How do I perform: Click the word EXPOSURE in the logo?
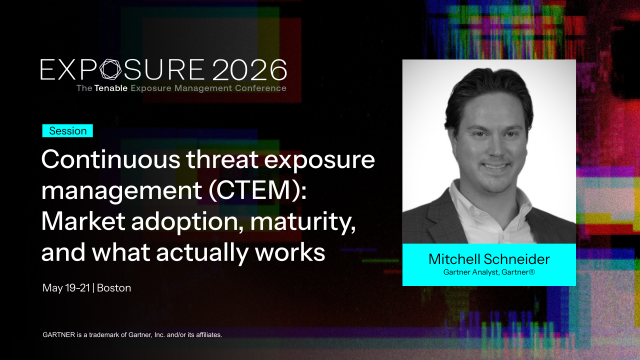(120, 69)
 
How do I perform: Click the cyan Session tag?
(67, 131)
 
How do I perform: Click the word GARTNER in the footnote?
(63, 333)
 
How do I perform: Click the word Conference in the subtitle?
(259, 88)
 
